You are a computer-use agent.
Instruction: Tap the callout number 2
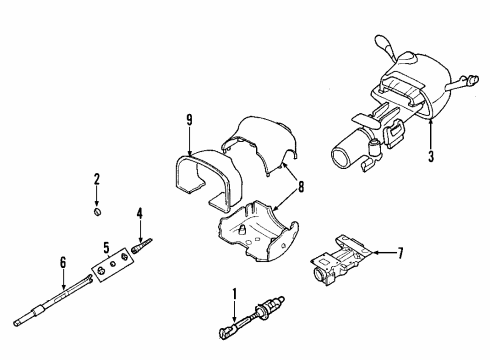(x=97, y=180)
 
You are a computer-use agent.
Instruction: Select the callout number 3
(x=431, y=156)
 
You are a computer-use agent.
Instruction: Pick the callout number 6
(x=63, y=262)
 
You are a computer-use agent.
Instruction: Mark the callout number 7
(x=399, y=252)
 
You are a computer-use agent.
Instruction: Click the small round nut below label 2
(x=97, y=211)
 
